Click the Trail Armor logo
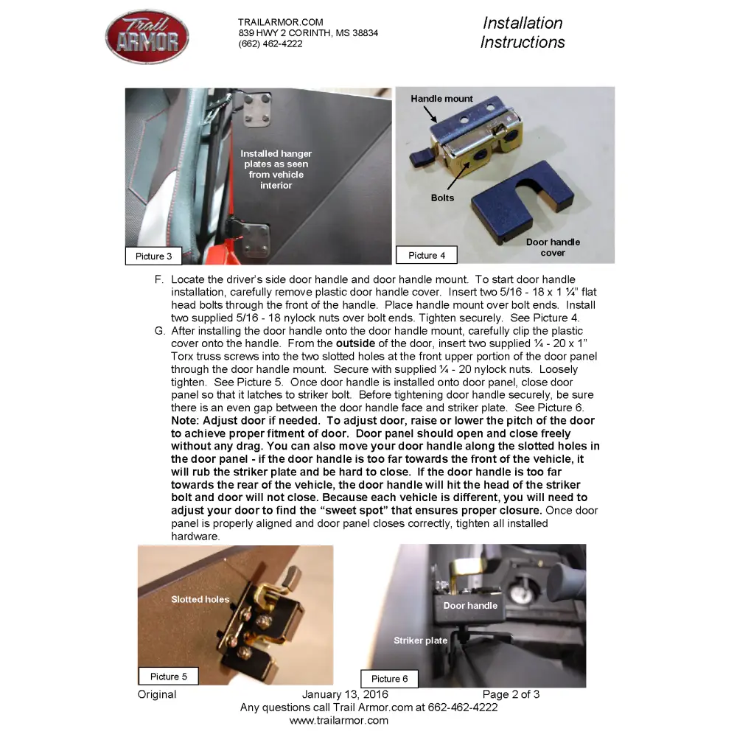tap(147, 36)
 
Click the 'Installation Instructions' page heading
tap(523, 33)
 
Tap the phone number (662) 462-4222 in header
tap(270, 44)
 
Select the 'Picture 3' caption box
tap(153, 256)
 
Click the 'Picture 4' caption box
tap(427, 255)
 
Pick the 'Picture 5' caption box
tap(169, 676)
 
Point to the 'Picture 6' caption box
tap(389, 678)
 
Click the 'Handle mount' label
tap(441, 99)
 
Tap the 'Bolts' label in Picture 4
tap(442, 198)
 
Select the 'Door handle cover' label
tap(553, 247)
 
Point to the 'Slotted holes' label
tap(200, 599)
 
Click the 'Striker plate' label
tap(420, 640)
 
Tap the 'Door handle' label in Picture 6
tap(470, 606)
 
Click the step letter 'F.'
tap(159, 279)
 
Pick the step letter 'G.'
tap(160, 331)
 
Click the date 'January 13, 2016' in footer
tap(345, 694)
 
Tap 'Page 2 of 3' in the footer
tap(511, 694)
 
